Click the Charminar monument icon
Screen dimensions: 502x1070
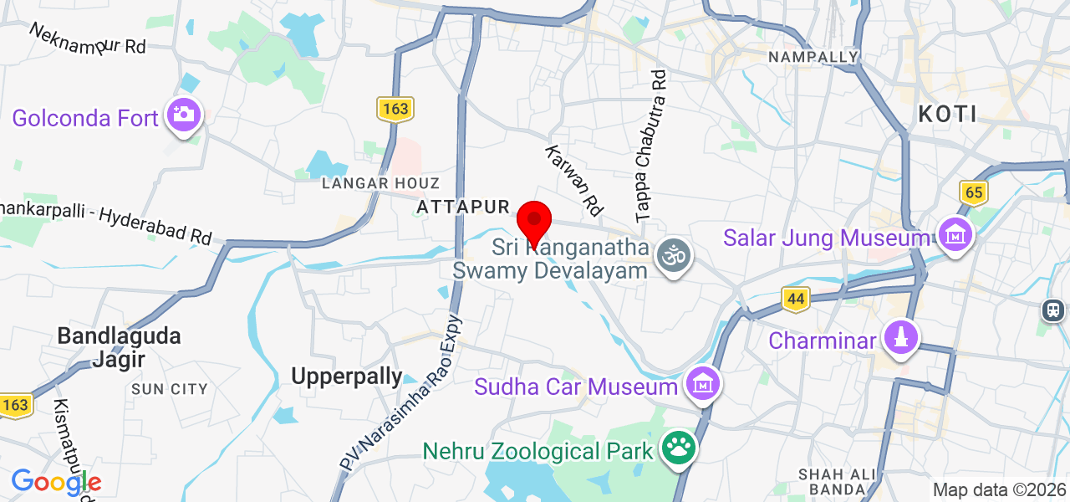point(901,338)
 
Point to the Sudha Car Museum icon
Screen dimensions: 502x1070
point(703,384)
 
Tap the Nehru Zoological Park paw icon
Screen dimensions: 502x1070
point(678,448)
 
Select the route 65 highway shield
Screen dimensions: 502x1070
point(974,192)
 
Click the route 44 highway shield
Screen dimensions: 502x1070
point(796,299)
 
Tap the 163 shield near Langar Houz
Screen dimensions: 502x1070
point(395,109)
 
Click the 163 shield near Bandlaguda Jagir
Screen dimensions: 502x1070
point(15,405)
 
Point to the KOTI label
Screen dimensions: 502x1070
point(948,114)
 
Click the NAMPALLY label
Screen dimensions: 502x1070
point(813,57)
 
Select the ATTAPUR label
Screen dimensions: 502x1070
point(462,207)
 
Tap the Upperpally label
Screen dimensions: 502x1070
point(347,376)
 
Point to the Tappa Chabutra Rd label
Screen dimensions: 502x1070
point(652,145)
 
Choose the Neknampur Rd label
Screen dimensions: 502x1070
point(88,38)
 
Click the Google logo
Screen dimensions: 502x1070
point(55,481)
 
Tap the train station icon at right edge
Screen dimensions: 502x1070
point(1054,310)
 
